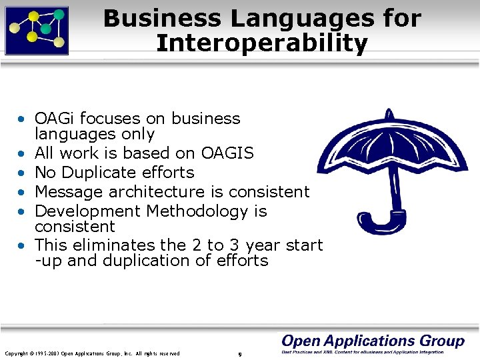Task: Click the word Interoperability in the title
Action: [x=261, y=43]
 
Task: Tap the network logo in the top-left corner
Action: [x=37, y=30]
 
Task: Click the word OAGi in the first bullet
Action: [x=56, y=119]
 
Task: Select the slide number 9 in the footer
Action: [x=240, y=353]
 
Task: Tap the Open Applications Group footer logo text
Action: [x=373, y=341]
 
